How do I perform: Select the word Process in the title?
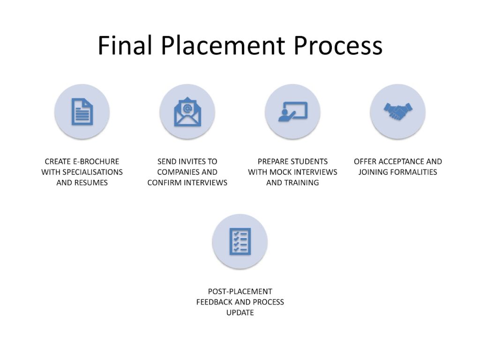[x=338, y=45]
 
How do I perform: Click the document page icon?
[x=82, y=112]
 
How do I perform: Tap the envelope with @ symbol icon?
[x=187, y=112]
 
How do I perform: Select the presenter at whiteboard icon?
[x=292, y=112]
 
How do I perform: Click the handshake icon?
[x=397, y=112]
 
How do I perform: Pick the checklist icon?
[x=240, y=241]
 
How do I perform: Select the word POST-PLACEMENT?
[x=240, y=292]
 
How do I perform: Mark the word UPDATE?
[x=240, y=312]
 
